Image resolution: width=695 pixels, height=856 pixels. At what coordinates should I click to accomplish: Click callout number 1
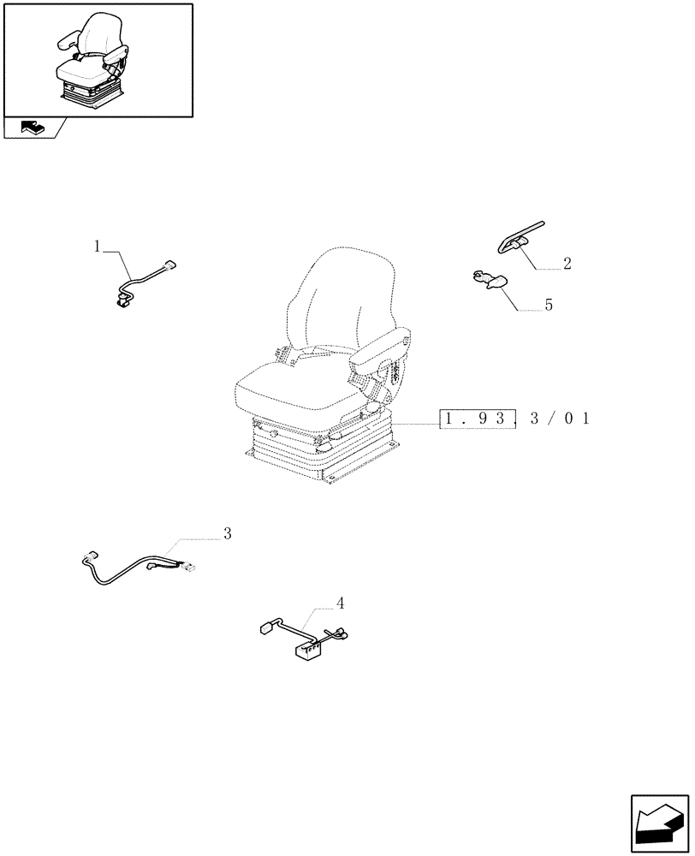click(x=98, y=247)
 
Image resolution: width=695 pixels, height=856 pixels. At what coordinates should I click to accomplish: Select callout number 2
click(x=566, y=264)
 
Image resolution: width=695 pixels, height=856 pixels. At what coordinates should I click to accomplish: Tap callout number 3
click(x=227, y=533)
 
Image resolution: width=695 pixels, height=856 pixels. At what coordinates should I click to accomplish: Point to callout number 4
click(x=340, y=603)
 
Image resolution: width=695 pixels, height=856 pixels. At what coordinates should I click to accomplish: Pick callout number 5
click(x=549, y=305)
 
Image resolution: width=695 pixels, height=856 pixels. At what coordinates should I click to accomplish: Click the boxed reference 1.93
click(x=478, y=420)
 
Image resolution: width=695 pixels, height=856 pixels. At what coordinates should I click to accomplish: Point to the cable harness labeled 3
click(x=137, y=569)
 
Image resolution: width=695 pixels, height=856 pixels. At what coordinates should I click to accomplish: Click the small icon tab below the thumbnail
click(x=33, y=128)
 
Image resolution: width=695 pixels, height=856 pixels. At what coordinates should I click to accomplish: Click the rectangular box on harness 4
click(x=308, y=652)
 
